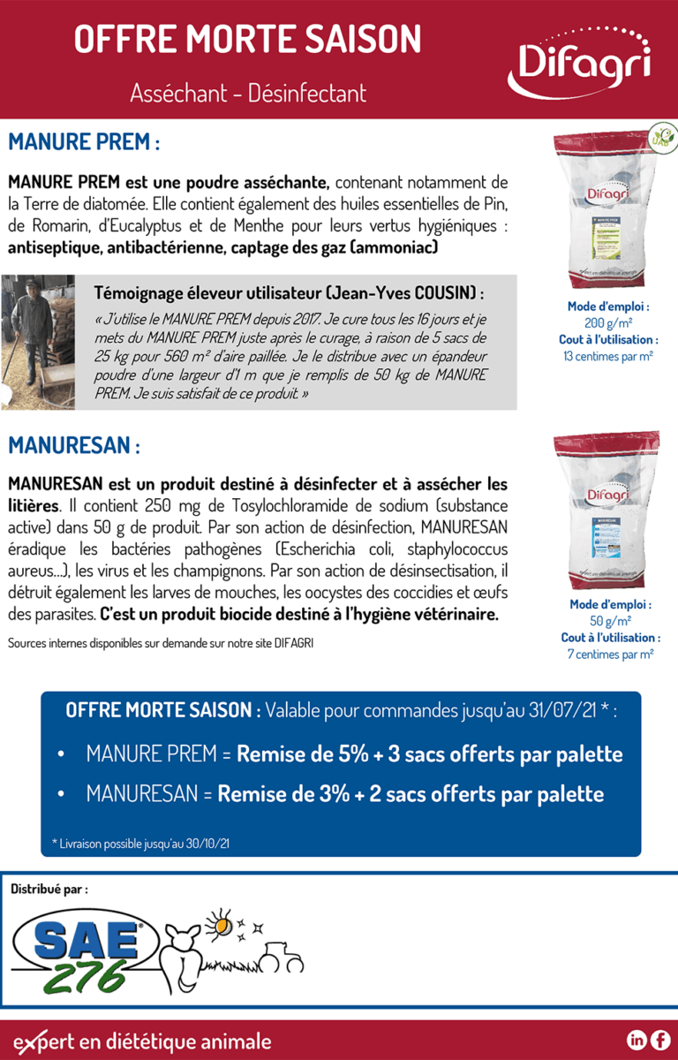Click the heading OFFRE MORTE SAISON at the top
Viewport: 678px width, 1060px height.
coord(247,40)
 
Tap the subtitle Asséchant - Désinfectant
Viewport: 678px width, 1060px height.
coord(247,93)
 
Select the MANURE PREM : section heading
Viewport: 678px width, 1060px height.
coord(84,142)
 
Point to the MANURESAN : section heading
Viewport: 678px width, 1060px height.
coord(74,445)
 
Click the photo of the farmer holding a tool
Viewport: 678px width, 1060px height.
coord(37,341)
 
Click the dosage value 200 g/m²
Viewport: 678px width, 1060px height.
coord(608,323)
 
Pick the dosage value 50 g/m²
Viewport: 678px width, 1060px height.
coord(610,621)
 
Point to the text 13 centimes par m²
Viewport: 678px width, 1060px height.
coord(608,356)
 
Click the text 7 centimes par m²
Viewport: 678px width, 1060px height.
coord(610,655)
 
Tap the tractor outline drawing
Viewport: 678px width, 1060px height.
coord(282,956)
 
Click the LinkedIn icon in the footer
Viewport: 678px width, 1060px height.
coord(636,1040)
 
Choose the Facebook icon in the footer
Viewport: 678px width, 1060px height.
coord(659,1040)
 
